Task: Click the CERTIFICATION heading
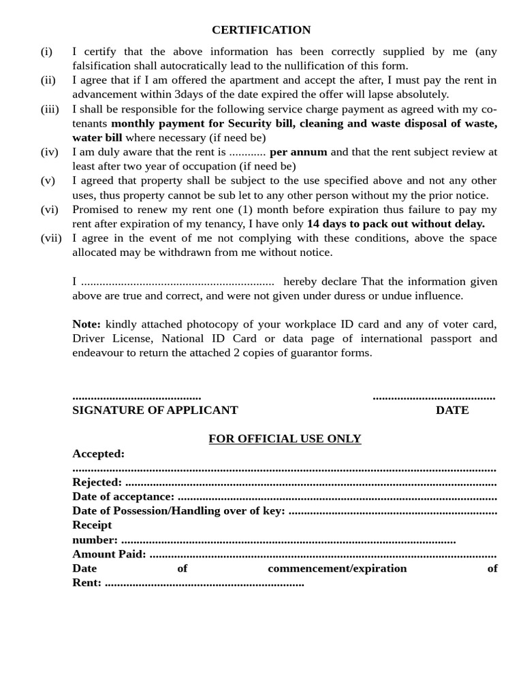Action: coord(261,30)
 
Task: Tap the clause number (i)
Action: coord(46,52)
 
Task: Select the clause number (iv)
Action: coord(49,152)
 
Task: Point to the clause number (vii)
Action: coord(51,238)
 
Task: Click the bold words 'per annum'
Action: coord(298,152)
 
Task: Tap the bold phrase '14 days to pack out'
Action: coord(359,224)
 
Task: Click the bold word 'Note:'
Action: coord(86,324)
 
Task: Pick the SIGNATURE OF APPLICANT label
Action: coord(155,410)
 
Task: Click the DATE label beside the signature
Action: coord(452,410)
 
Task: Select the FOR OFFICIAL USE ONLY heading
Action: coord(285,439)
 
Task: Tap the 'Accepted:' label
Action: coord(98,454)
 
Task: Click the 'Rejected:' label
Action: coord(97,483)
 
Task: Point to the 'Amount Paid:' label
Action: coord(109,554)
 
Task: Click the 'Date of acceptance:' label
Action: coord(123,497)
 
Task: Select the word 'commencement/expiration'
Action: coord(337,568)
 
